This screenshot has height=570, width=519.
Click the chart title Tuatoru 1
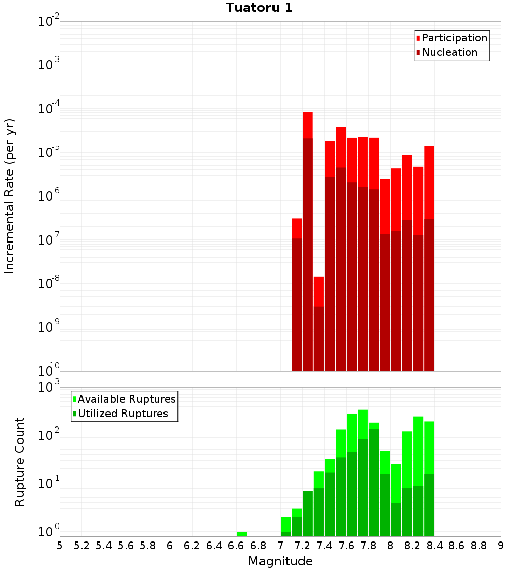[x=259, y=8]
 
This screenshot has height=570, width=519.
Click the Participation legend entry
[x=454, y=38]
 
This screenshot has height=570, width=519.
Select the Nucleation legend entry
[x=449, y=52]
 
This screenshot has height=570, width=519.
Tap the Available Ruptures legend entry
[x=126, y=399]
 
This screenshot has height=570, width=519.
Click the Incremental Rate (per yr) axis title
[x=10, y=196]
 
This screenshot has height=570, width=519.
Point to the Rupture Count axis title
[x=20, y=462]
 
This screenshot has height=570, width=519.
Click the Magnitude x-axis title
[x=280, y=561]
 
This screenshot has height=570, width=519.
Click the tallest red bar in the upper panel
[x=308, y=124]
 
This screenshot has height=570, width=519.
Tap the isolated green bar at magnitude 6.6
[x=241, y=533]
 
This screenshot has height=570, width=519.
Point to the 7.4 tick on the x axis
[x=324, y=546]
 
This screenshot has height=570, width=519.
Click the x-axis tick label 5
[x=60, y=546]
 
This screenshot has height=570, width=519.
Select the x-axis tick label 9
[x=501, y=546]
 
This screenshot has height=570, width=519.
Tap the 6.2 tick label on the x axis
[x=192, y=546]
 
